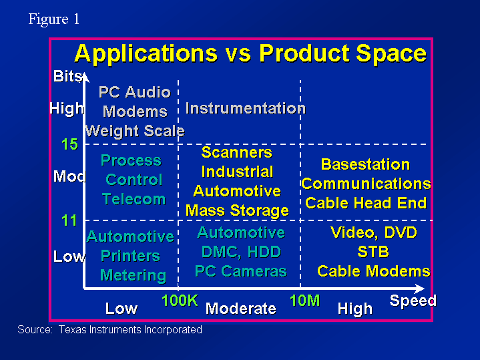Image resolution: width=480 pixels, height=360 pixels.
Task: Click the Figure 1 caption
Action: click(x=54, y=19)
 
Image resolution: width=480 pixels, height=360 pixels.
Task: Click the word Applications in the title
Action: click(x=146, y=54)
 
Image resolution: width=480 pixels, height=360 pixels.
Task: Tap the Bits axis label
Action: click(x=67, y=76)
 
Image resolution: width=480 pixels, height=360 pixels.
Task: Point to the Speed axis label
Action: click(x=413, y=301)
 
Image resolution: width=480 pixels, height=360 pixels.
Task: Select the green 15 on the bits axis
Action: click(x=69, y=144)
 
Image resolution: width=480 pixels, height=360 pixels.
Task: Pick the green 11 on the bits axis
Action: click(x=69, y=220)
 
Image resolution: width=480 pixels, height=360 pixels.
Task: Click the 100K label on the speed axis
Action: click(x=180, y=301)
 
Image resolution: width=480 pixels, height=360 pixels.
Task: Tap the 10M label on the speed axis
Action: click(x=304, y=301)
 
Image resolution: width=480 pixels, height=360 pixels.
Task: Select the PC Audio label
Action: click(x=135, y=92)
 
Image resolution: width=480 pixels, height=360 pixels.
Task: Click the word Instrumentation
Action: click(x=246, y=108)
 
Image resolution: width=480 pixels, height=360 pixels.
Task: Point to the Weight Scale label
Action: click(x=135, y=131)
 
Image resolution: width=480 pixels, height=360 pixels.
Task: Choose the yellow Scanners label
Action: click(x=236, y=152)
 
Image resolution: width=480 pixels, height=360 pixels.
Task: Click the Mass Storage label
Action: click(x=237, y=211)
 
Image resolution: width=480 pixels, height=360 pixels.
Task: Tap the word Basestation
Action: click(x=366, y=164)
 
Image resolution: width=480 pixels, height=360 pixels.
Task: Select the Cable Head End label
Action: click(x=366, y=203)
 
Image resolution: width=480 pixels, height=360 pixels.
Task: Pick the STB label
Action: click(x=373, y=252)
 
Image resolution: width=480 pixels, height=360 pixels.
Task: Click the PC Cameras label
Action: click(x=241, y=271)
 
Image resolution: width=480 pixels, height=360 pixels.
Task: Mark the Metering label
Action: click(x=133, y=275)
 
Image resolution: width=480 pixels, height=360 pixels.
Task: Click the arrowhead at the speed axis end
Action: click(x=420, y=289)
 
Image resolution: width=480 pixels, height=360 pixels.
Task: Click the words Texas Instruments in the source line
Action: click(x=100, y=330)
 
